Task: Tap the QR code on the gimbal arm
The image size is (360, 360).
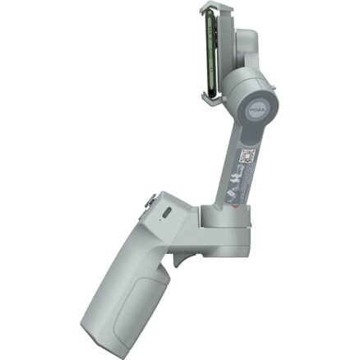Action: pyautogui.click(x=247, y=156)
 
